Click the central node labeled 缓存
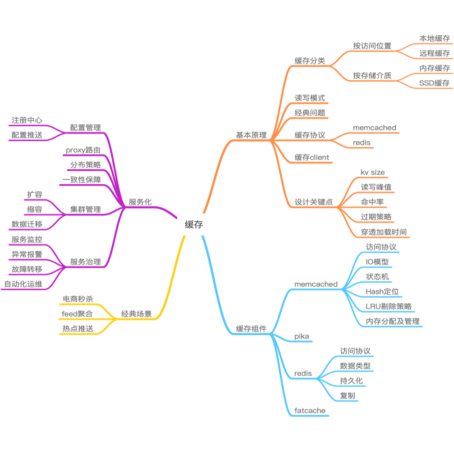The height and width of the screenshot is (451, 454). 194,225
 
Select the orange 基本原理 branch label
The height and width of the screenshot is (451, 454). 251,135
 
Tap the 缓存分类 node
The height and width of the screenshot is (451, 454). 310,61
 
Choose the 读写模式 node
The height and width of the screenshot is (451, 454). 310,98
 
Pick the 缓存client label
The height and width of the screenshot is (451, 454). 312,158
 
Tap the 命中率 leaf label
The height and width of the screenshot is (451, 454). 372,202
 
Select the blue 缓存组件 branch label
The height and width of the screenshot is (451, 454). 251,329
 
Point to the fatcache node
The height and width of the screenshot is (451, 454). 309,410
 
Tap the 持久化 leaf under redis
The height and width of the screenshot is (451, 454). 351,381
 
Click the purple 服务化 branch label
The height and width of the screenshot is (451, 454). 140,202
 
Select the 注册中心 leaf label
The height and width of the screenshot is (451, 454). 27,120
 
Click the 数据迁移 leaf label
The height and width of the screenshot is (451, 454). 27,225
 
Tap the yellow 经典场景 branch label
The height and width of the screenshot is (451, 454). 136,313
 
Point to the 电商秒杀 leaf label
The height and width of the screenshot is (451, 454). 78,299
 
